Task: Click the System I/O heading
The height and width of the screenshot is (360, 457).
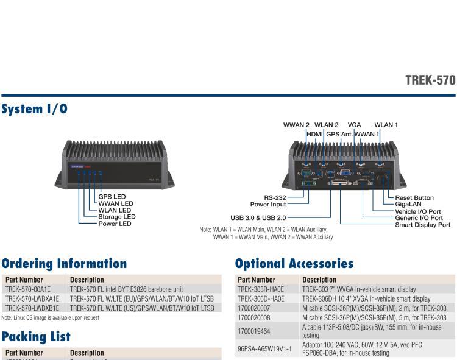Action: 35,110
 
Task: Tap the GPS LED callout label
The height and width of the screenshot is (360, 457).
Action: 112,196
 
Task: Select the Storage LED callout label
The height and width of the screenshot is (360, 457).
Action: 117,216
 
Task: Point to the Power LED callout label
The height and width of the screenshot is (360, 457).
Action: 115,224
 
